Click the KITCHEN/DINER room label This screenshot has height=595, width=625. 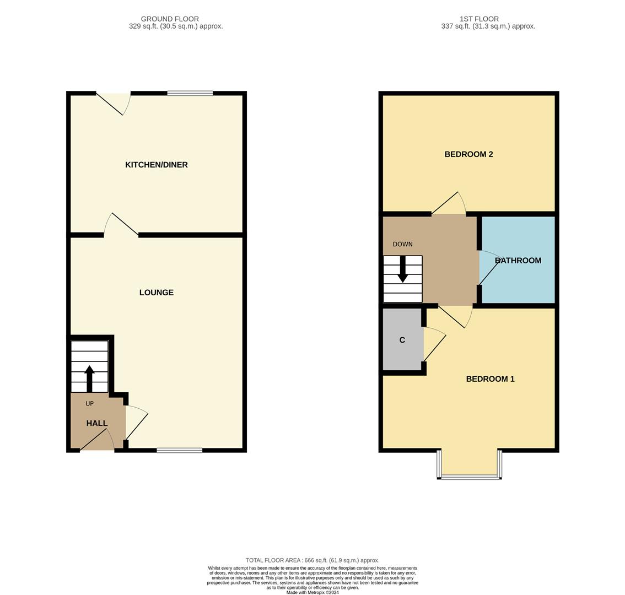(156, 165)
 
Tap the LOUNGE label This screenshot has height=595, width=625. (156, 293)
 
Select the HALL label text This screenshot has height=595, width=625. (97, 423)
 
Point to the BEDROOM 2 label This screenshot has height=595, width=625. (468, 154)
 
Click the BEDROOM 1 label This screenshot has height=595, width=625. (490, 379)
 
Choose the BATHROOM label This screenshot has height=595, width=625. (518, 261)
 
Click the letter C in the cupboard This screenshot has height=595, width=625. (402, 340)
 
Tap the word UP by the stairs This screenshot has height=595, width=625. (89, 404)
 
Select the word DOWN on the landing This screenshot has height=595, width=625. (402, 244)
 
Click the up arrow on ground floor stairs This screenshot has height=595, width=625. (89, 378)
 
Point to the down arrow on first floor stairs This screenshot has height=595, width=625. (403, 269)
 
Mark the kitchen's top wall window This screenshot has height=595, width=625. (190, 93)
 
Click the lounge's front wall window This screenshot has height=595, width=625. (179, 451)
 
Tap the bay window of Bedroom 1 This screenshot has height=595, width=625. (470, 477)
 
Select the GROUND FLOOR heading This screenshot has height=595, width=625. (170, 19)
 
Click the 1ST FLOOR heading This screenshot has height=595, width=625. (479, 19)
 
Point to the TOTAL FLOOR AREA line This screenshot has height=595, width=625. (313, 560)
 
